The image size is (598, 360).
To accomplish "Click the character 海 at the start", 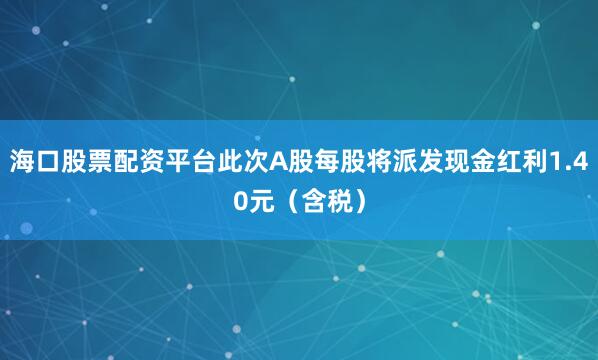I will point(21,161).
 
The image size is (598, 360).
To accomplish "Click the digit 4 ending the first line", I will point(579,161).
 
